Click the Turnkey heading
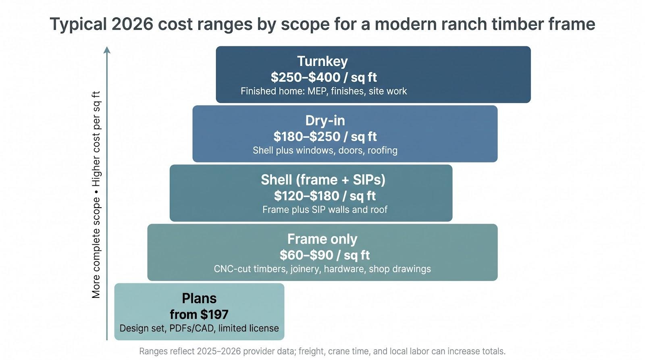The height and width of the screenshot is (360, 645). click(322, 61)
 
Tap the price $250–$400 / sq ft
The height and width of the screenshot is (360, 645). click(324, 77)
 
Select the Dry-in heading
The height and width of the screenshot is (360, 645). click(325, 121)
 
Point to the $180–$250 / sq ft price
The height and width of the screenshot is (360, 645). click(325, 137)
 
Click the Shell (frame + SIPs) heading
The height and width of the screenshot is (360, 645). click(323, 180)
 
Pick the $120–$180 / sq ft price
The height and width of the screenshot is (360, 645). click(325, 196)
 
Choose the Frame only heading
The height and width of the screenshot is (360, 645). click(322, 239)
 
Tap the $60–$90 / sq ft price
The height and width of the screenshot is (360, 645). click(325, 255)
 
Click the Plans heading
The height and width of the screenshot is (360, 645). click(199, 298)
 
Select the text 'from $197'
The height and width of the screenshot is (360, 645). click(199, 314)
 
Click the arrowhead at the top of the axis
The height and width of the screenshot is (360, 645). click(107, 50)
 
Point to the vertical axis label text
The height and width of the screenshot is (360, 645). click(96, 195)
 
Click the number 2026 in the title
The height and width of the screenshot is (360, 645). click(132, 24)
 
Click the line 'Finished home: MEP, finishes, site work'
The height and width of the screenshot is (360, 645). click(324, 91)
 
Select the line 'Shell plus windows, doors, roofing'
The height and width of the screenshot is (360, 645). click(325, 150)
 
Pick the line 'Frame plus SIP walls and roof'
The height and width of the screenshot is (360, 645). click(325, 209)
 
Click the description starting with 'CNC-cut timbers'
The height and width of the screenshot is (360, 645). click(322, 269)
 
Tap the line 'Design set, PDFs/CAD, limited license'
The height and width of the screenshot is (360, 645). click(199, 328)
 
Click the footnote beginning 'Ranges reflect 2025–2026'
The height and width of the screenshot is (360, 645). click(322, 352)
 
